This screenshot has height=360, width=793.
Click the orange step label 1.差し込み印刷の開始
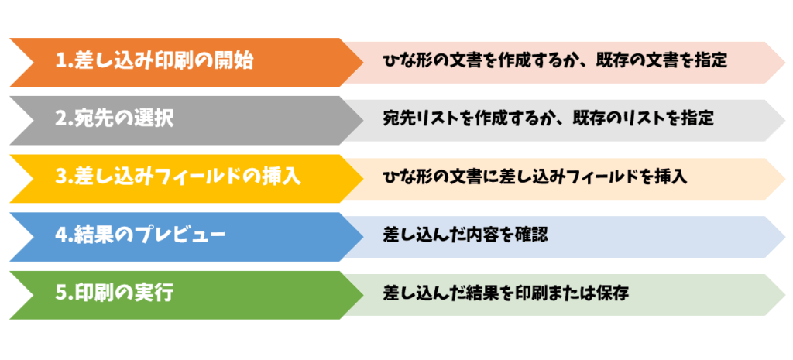[x=155, y=62]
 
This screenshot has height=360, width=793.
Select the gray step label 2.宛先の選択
[x=115, y=120]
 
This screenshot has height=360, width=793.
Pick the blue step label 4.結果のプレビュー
[x=141, y=236]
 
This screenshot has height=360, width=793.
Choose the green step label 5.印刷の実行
[x=115, y=294]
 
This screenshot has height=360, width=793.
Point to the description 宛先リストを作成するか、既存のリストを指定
[x=549, y=120]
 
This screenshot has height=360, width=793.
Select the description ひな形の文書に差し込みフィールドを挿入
[x=535, y=178]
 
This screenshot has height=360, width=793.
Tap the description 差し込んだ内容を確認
[x=465, y=236]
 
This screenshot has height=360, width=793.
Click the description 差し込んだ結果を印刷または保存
[x=506, y=294]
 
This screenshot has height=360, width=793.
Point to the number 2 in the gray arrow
[x=61, y=120]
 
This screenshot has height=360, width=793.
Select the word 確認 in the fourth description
[x=532, y=236]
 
